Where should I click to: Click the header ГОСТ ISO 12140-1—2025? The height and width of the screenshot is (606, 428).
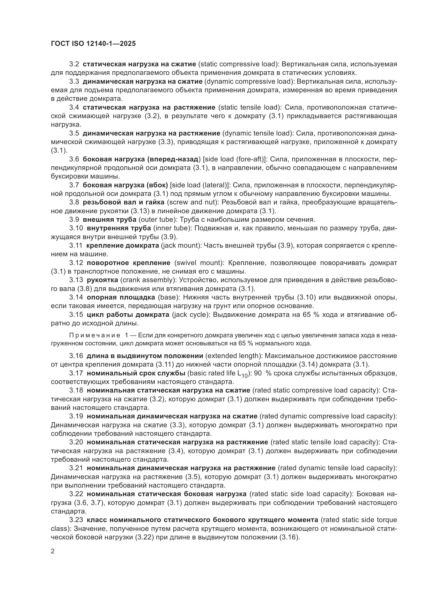[x=93, y=44]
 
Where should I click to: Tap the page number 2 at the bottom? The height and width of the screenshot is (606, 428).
[x=53, y=551]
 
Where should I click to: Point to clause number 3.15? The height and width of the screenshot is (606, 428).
[x=76, y=315]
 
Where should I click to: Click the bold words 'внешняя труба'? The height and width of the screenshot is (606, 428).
[x=109, y=220]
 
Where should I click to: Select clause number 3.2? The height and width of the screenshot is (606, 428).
[x=74, y=64]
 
